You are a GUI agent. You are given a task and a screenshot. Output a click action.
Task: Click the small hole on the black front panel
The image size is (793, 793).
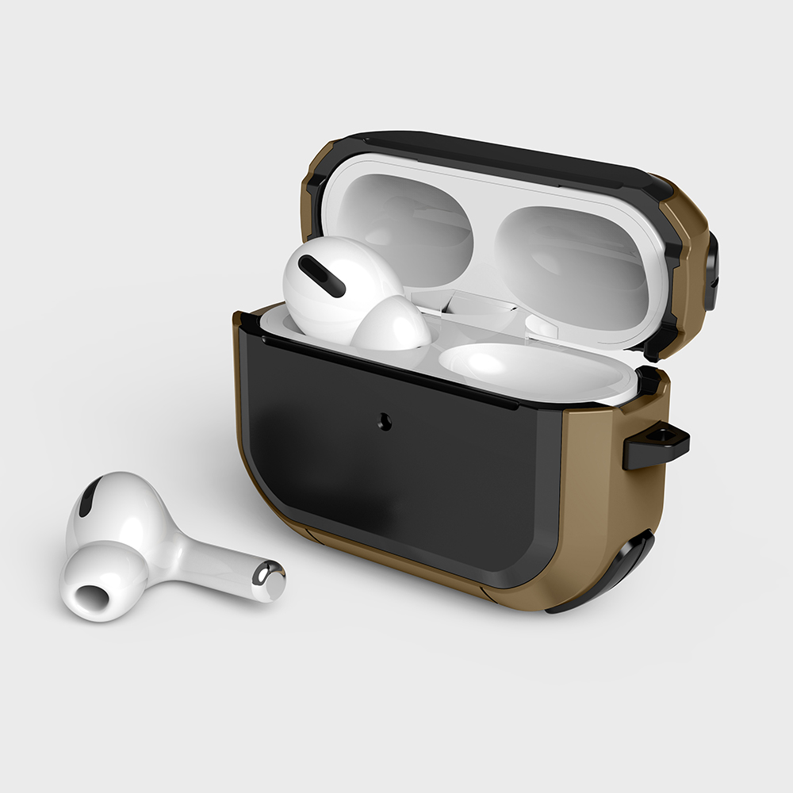(x=386, y=421)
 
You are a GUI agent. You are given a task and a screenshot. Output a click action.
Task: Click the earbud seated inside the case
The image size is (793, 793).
(x=349, y=293)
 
